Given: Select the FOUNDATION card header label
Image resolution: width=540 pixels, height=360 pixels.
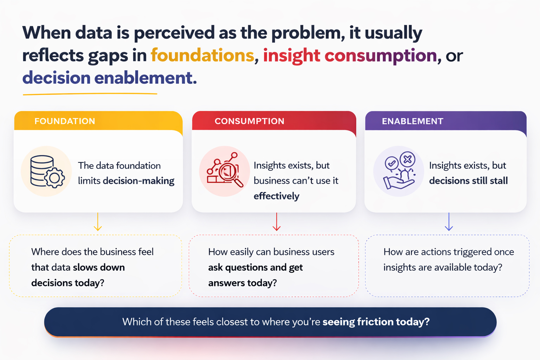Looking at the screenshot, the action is [x=65, y=121].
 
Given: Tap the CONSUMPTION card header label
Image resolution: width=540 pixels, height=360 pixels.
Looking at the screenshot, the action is [x=250, y=121].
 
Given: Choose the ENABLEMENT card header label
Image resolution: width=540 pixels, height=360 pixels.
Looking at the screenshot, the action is [x=412, y=121].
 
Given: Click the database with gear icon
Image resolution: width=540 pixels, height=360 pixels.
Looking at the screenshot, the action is [x=47, y=172].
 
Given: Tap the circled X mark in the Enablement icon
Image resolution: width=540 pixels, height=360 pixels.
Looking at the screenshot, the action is [x=407, y=159].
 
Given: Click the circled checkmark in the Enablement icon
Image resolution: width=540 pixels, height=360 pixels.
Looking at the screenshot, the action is [x=392, y=163].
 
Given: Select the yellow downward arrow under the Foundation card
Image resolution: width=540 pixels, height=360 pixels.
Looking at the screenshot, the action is [x=98, y=221].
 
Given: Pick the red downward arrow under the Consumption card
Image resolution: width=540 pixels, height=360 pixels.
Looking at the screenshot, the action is [x=277, y=221].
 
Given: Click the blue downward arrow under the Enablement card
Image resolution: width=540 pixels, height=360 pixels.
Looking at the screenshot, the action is [x=449, y=221].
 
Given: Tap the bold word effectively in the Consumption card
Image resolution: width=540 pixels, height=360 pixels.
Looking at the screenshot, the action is [x=276, y=196].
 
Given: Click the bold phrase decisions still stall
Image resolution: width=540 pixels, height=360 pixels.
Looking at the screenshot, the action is [x=468, y=181].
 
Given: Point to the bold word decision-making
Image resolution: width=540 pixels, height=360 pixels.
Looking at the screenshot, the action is [x=139, y=181].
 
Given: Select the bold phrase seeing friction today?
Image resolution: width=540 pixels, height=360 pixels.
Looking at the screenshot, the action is [x=376, y=322].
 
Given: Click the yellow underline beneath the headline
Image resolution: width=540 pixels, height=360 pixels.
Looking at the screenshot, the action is [x=90, y=94].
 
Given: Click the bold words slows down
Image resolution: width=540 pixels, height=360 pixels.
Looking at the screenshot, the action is [x=99, y=268].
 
